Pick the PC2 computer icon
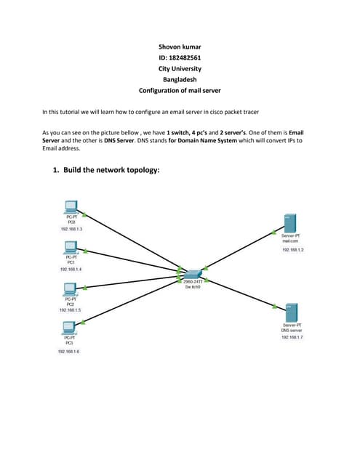pyautogui.click(x=71, y=288)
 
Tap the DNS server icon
pyautogui.click(x=291, y=312)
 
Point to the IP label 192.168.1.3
pyautogui.click(x=71, y=229)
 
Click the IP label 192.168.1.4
pyautogui.click(x=71, y=269)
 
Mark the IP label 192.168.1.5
pyautogui.click(x=71, y=310)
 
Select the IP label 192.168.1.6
pyautogui.click(x=69, y=351)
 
